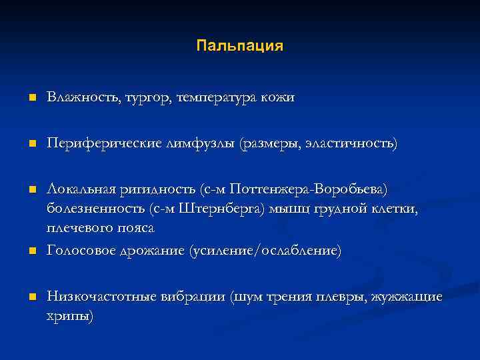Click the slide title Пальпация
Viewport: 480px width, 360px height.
pyautogui.click(x=240, y=46)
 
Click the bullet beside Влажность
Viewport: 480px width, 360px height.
pyautogui.click(x=31, y=99)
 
